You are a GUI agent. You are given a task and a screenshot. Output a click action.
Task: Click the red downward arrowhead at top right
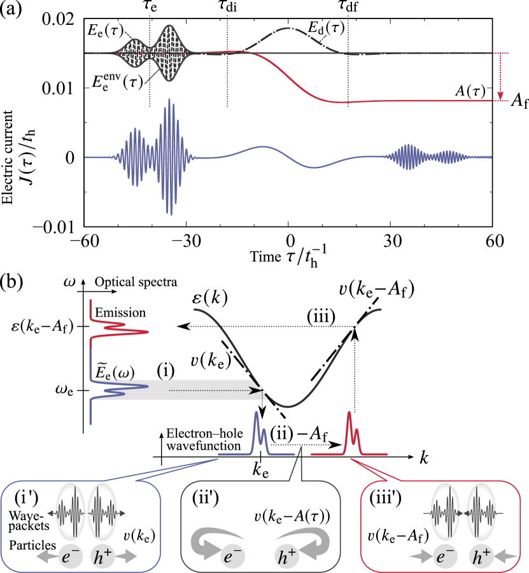(x=500, y=97)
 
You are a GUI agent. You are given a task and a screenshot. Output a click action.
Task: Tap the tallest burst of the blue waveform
(x=169, y=157)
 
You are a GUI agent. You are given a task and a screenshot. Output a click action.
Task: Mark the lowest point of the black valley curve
(x=288, y=406)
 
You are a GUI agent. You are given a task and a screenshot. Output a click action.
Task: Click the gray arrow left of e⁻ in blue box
(x=46, y=556)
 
